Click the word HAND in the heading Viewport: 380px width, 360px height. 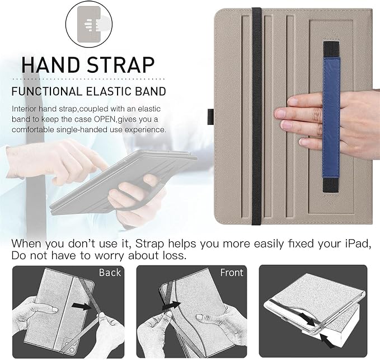[51, 65]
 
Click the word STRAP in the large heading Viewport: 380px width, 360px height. [120, 65]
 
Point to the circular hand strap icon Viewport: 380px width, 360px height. [89, 24]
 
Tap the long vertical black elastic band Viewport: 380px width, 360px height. [256, 116]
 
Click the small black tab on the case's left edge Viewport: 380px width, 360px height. [210, 118]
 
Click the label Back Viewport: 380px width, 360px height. [110, 273]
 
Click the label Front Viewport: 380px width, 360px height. [232, 273]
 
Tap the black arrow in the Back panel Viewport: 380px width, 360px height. [82, 307]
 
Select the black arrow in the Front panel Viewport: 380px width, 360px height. [172, 306]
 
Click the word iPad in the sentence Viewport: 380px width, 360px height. [358, 244]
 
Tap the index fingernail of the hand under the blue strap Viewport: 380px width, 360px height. [279, 113]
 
